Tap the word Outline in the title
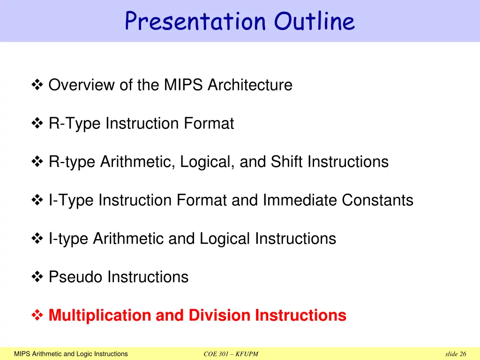(x=315, y=21)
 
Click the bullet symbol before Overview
(x=37, y=85)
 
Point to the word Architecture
(x=250, y=85)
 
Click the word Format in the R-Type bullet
(x=209, y=123)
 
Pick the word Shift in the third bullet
(x=287, y=162)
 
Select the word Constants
(x=377, y=200)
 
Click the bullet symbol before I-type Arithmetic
(x=37, y=239)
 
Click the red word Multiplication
(x=100, y=315)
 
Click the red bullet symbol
(x=37, y=315)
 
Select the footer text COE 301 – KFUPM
(x=231, y=354)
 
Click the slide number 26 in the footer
(x=463, y=354)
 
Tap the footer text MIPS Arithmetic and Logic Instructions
(x=71, y=354)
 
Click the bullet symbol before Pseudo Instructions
(x=37, y=277)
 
